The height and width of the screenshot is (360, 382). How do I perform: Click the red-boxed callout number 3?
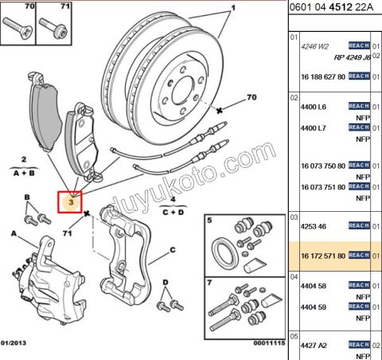tap(72, 202)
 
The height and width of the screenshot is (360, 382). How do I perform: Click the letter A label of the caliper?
tap(13, 233)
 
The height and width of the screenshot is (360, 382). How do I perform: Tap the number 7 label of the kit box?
tap(210, 283)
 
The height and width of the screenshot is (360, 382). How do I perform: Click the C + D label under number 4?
tap(173, 213)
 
